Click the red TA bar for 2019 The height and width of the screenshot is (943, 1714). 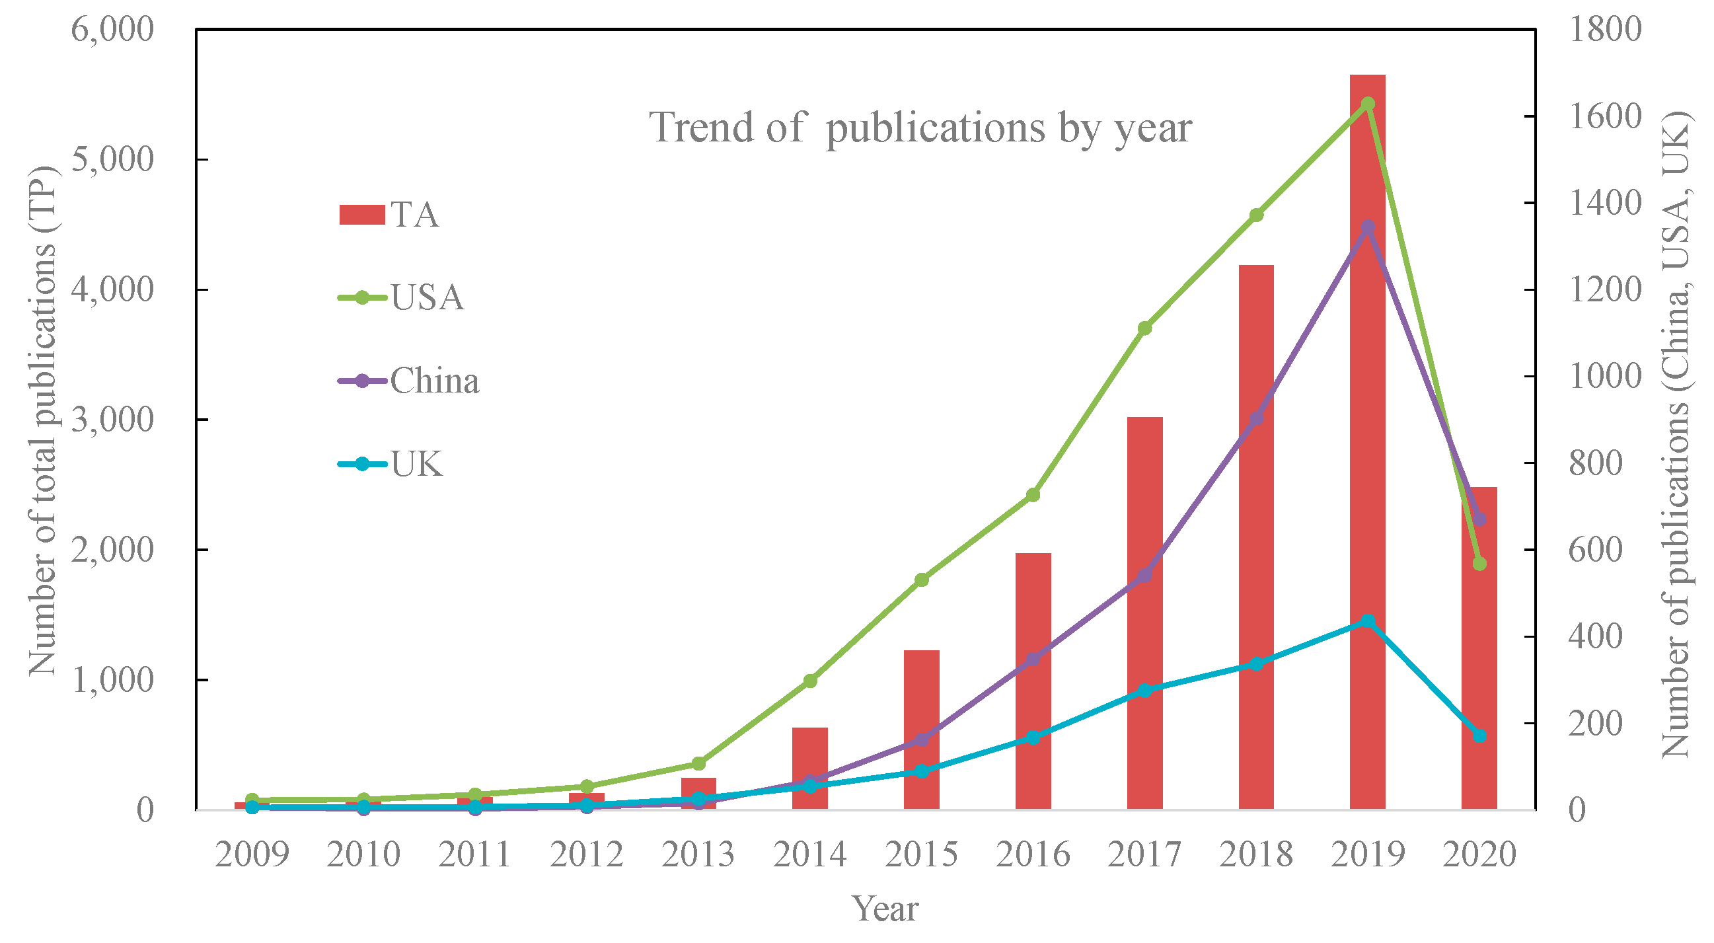coord(1367,466)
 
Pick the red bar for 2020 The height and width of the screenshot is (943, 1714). coord(1479,665)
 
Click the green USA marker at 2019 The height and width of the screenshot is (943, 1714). coord(1368,104)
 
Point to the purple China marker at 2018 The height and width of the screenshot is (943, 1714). coord(1256,418)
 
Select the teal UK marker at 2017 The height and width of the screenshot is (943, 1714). coord(1144,690)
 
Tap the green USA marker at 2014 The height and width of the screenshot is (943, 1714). coord(810,680)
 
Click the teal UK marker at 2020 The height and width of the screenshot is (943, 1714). coord(1480,736)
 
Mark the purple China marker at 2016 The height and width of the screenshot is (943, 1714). coord(1033,659)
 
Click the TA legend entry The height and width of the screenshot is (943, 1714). coord(389,215)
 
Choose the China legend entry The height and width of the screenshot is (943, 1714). coord(408,381)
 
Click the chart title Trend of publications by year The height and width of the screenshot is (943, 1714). coord(920,127)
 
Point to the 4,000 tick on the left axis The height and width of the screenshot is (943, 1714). coord(112,289)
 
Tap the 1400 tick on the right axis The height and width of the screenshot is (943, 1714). coord(1604,203)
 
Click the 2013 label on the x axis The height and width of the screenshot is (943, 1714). coord(698,854)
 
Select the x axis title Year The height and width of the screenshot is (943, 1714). coord(885,909)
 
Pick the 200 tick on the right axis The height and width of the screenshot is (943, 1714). coord(1595,724)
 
